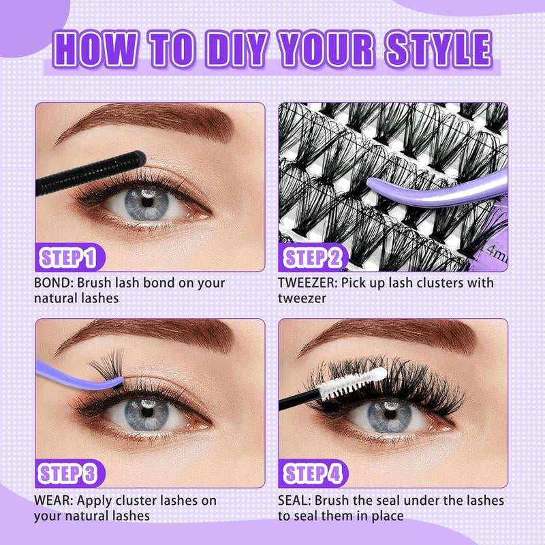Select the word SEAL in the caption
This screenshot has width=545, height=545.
point(294,501)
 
